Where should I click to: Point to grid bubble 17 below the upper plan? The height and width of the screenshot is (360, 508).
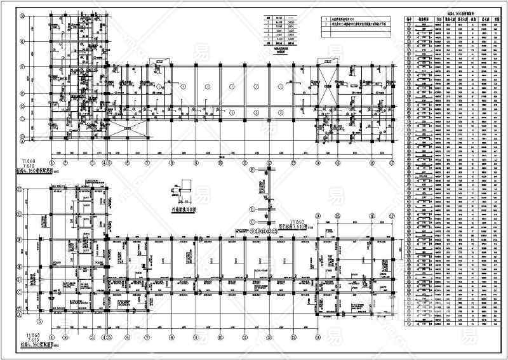click(392, 163)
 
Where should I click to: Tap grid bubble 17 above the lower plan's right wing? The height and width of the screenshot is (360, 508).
click(392, 216)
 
